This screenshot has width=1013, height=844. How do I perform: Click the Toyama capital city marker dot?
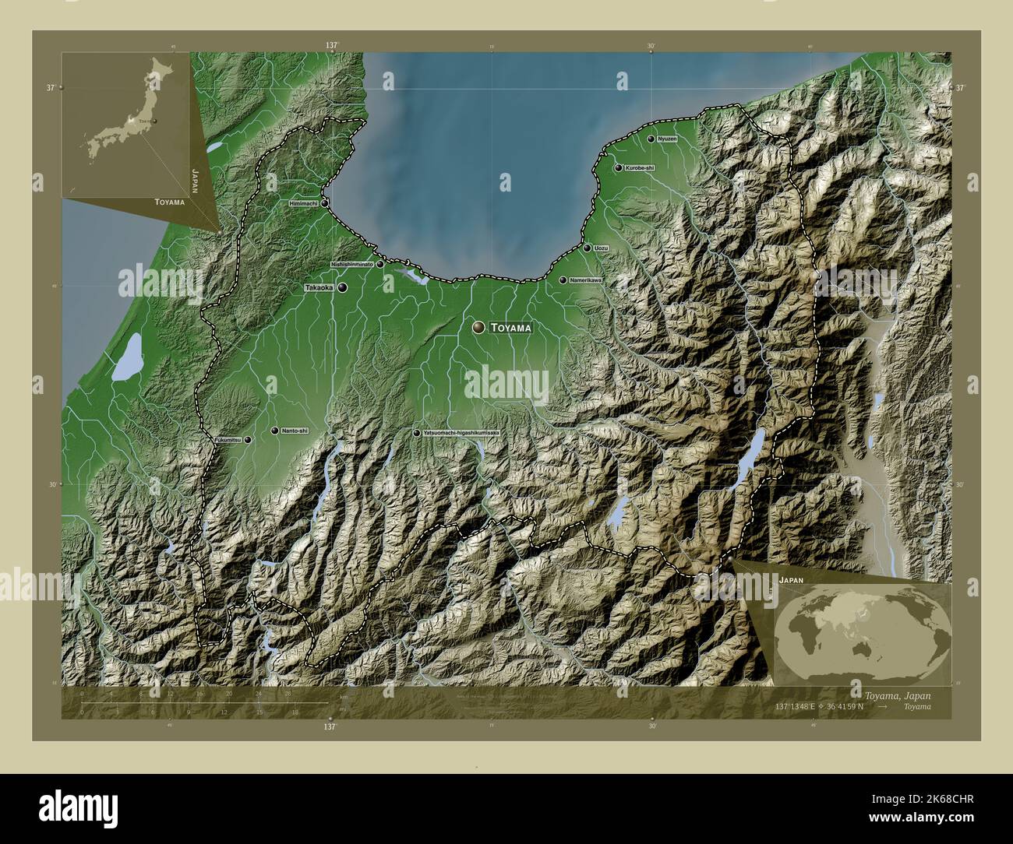pos(478,329)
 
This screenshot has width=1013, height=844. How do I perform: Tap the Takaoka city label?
pos(319,287)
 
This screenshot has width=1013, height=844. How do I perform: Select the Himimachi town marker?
pos(324,202)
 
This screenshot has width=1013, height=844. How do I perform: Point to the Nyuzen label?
pos(667,139)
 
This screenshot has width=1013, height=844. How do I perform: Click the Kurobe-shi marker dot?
pos(618,167)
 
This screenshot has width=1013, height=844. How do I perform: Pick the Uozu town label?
pos(601,248)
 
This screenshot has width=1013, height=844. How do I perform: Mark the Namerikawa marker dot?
pos(563,280)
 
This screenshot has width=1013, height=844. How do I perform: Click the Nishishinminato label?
pos(352,264)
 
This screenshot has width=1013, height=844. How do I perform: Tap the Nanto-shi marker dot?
pos(274,431)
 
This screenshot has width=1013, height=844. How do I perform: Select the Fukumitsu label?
pos(228,440)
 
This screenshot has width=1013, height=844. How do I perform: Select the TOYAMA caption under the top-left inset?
pos(169,202)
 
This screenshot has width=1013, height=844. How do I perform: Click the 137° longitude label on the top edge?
pos(333,46)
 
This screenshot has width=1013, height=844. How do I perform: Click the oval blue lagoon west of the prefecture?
pos(126,357)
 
